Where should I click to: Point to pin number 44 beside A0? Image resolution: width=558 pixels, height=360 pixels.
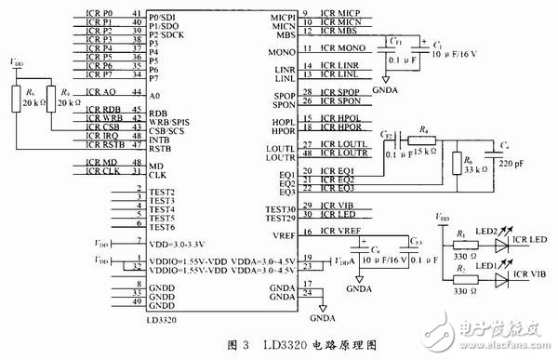coord(138,93)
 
